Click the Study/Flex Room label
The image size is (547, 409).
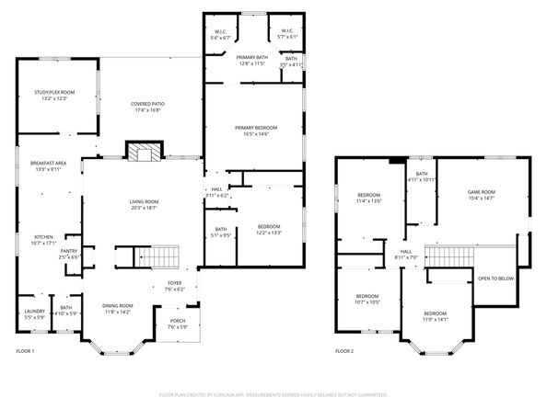tap(54, 95)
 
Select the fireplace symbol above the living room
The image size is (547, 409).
tap(142, 153)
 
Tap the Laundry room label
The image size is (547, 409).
tap(28, 314)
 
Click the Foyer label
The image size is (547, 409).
tap(174, 286)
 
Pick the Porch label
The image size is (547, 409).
tap(178, 324)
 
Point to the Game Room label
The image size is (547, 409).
tap(482, 195)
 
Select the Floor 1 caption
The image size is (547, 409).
tap(25, 352)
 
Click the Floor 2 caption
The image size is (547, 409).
tap(344, 352)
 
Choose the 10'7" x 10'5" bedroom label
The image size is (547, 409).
tap(368, 300)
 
